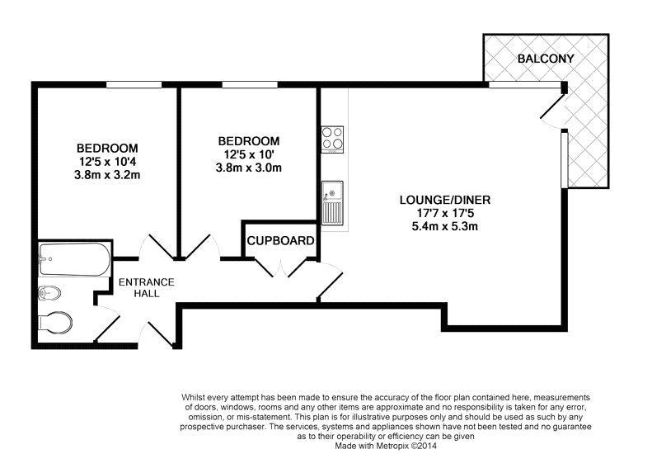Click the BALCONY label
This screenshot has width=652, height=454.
545,59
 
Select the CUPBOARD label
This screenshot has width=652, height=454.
281,242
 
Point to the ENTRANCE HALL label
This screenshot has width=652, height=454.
146,287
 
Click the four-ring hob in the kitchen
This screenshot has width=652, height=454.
333,139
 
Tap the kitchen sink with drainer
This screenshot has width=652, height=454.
333,203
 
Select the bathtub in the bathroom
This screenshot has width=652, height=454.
73,259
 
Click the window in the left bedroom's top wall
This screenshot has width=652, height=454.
134,83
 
